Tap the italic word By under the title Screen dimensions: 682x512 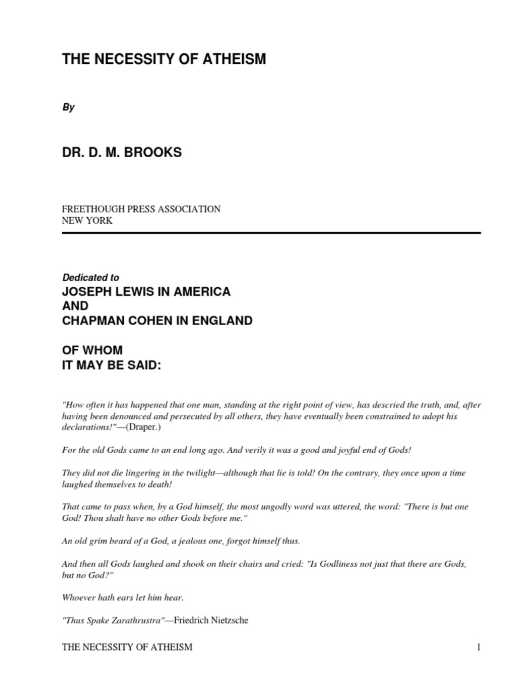pos(68,108)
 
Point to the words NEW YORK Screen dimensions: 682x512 pos(87,220)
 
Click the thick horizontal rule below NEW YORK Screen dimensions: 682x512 pos(271,233)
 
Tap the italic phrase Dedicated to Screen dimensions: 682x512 pos(91,278)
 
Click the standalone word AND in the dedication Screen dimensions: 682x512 pos(75,306)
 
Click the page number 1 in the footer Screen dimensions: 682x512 pos(479,647)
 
